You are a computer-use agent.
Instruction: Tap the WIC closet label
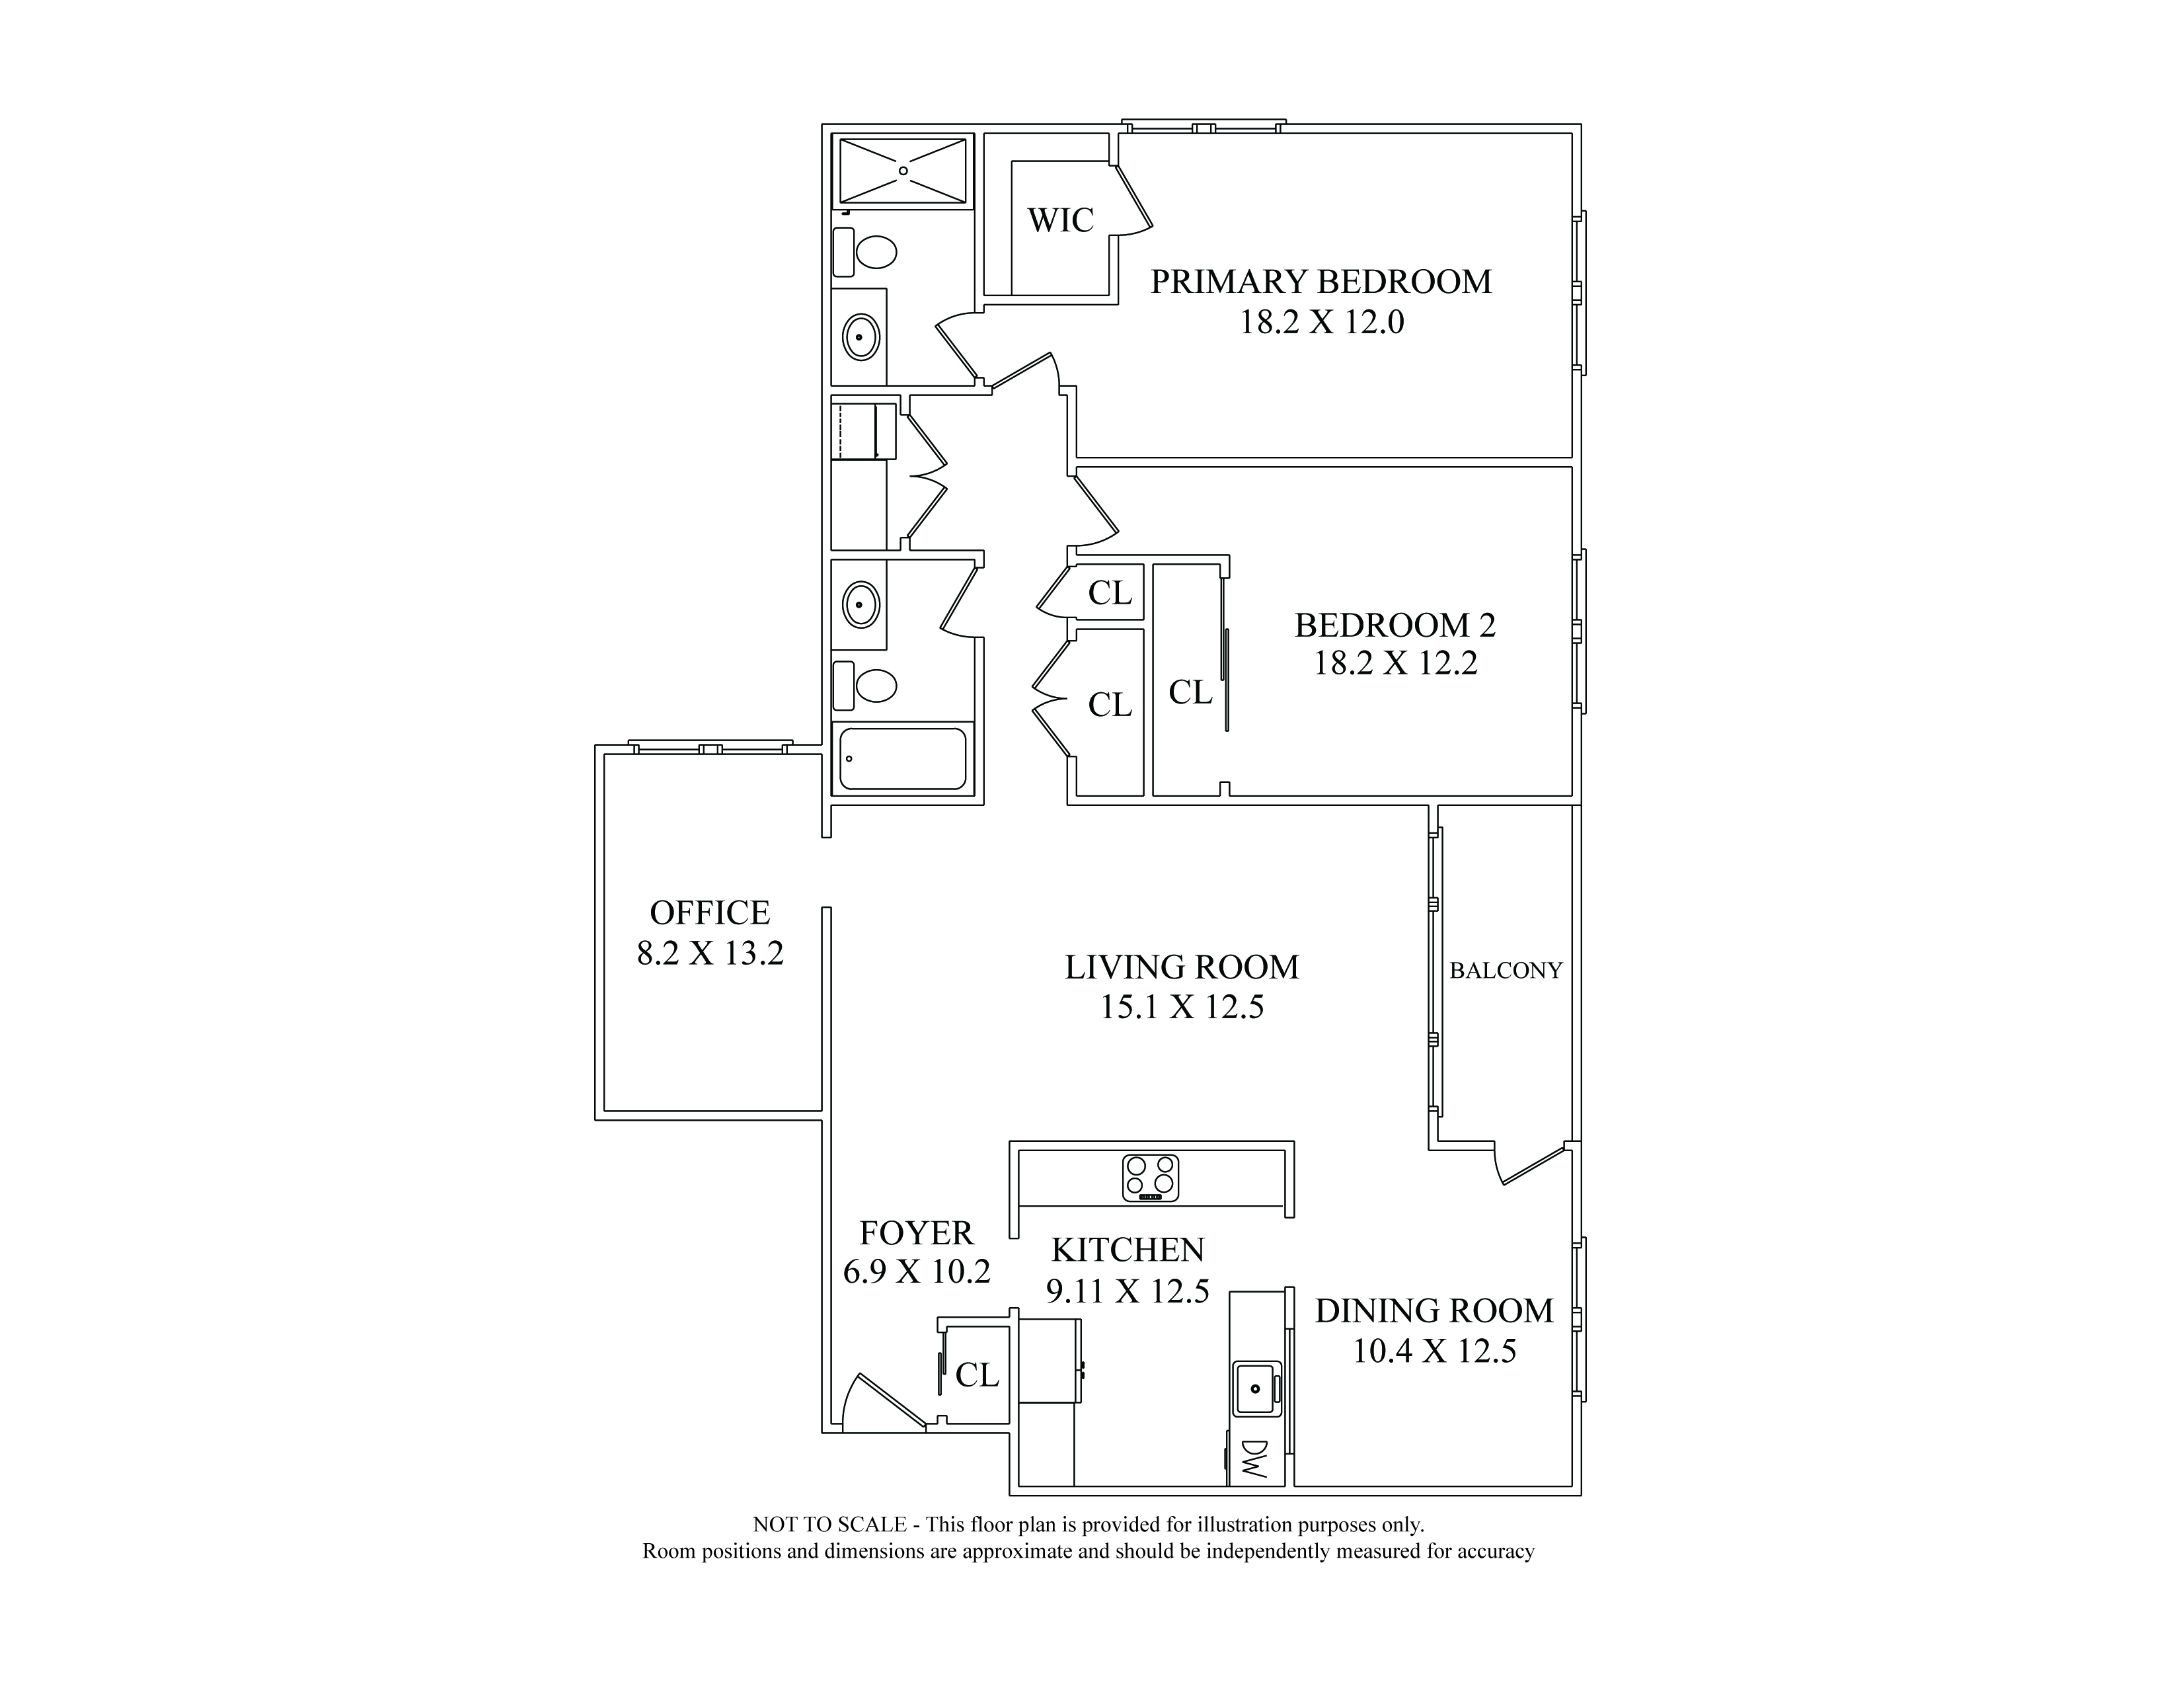(1061, 220)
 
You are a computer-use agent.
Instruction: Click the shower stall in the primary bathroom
(903, 171)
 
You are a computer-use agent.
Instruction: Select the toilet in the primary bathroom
(865, 252)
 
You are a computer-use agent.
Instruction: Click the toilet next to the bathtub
(865, 685)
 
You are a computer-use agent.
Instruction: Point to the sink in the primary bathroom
(861, 337)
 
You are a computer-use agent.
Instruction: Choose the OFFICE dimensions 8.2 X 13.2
(710, 953)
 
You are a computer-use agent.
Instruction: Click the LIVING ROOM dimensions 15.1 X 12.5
(1182, 1007)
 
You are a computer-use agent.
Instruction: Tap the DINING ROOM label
(1434, 1310)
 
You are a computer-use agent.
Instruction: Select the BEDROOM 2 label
(1395, 625)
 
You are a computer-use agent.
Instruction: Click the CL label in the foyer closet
(977, 1375)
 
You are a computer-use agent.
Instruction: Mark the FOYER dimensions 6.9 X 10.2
(917, 1271)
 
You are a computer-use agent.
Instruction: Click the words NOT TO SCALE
(829, 1525)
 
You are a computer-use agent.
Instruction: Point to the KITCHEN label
(1128, 1250)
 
